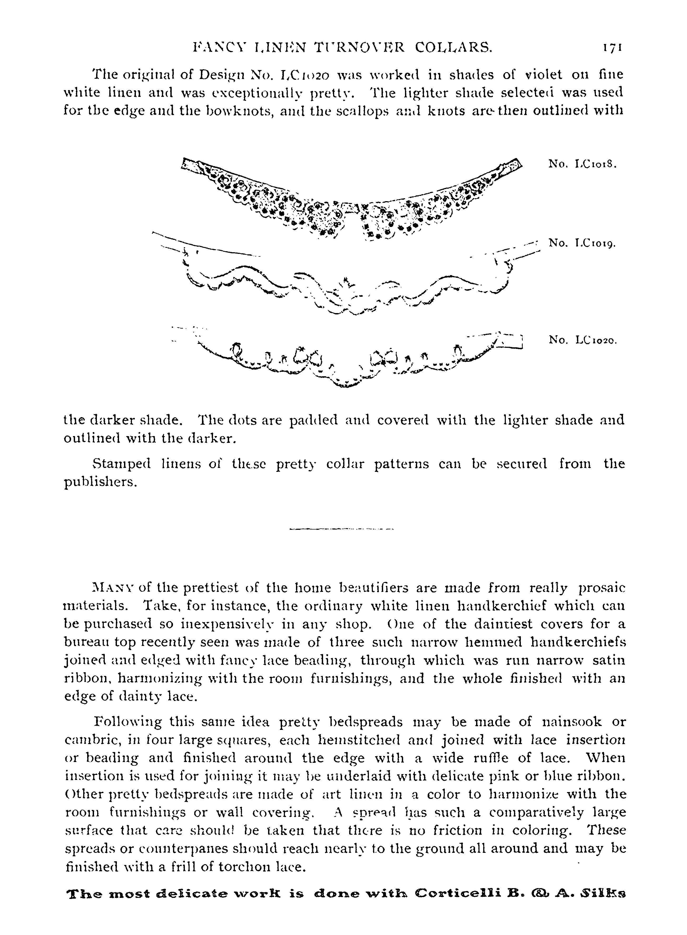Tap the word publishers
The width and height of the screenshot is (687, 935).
[100, 482]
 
